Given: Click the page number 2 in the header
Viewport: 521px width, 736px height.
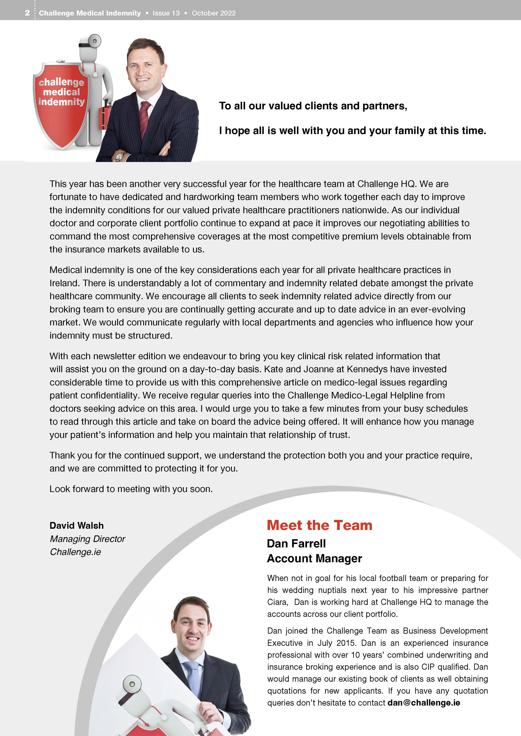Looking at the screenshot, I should point(27,13).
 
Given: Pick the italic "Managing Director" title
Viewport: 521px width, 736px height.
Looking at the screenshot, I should point(87,539).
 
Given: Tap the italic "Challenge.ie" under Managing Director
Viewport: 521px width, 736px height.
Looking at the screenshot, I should point(75,552).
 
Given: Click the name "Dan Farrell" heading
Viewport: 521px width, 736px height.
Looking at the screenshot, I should point(296,544).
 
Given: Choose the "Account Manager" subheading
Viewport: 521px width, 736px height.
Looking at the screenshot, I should point(314,559).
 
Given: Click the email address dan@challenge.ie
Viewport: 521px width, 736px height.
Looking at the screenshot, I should point(424,703).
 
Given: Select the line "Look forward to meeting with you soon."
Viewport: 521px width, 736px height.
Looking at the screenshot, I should point(131,489).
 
